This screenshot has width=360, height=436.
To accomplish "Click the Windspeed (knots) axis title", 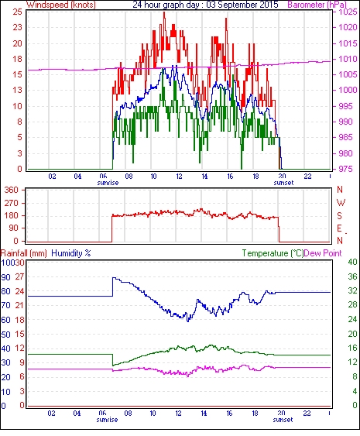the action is pyautogui.click(x=61, y=5).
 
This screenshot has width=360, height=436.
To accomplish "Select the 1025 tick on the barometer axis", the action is pyautogui.click(x=348, y=12).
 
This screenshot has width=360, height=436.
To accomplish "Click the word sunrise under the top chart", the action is pyautogui.click(x=108, y=183).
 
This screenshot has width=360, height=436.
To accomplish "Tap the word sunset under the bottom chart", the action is pyautogui.click(x=283, y=420).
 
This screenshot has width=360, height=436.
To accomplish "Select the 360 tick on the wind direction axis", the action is pyautogui.click(x=12, y=191).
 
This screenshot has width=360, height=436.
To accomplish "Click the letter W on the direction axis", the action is pyautogui.click(x=341, y=203).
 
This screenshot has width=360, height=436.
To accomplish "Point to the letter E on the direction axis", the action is pyautogui.click(x=339, y=228).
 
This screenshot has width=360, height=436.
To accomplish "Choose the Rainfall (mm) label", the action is pyautogui.click(x=24, y=253).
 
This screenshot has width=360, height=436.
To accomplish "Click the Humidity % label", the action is pyautogui.click(x=71, y=253).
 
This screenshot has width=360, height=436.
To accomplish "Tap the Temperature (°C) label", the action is pyautogui.click(x=273, y=253).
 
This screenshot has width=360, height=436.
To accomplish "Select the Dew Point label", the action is pyautogui.click(x=323, y=253).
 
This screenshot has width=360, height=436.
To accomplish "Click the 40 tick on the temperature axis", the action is pyautogui.click(x=352, y=263).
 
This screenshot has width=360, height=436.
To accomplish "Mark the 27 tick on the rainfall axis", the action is pyautogui.click(x=20, y=277).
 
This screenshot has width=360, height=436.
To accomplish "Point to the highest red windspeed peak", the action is pyautogui.click(x=164, y=12).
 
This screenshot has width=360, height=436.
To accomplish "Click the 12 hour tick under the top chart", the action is pyautogui.click(x=179, y=176).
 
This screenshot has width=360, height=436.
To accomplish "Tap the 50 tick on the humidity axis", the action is pyautogui.click(x=6, y=334).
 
